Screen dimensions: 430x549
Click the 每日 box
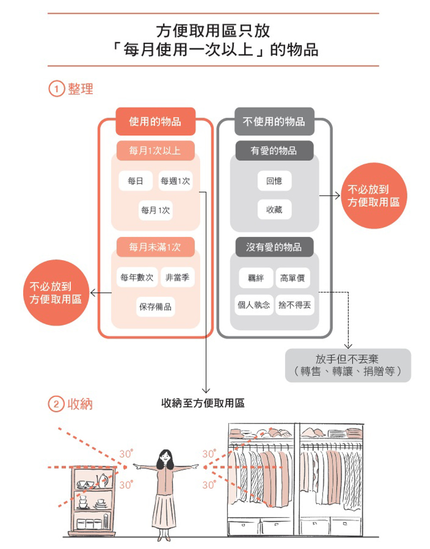click(x=136, y=181)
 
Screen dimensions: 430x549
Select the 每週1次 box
click(x=176, y=181)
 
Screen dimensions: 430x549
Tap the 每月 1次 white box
click(x=155, y=210)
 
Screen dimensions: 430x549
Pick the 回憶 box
click(x=274, y=181)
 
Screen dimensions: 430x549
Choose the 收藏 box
click(x=274, y=209)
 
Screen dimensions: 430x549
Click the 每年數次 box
click(x=137, y=277)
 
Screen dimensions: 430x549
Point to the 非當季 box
click(x=177, y=277)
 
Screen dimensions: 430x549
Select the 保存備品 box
click(x=155, y=307)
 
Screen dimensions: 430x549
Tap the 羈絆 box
click(x=256, y=278)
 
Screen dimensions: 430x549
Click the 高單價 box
click(x=293, y=278)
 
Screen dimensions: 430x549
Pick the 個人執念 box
click(x=254, y=305)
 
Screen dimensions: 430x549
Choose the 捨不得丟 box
click(x=295, y=305)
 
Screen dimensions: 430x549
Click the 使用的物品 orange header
click(x=155, y=121)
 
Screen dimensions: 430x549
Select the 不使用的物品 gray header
click(x=274, y=121)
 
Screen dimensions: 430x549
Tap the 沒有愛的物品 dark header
click(x=274, y=247)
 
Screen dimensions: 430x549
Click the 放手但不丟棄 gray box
click(x=348, y=365)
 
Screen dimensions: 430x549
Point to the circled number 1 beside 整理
click(x=56, y=89)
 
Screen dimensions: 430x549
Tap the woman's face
click(x=165, y=456)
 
